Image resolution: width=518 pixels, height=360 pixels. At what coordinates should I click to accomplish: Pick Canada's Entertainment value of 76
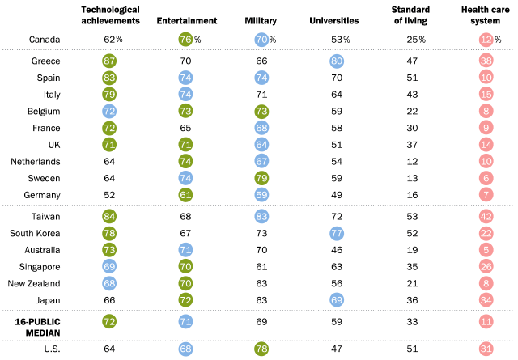pyautogui.click(x=185, y=38)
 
